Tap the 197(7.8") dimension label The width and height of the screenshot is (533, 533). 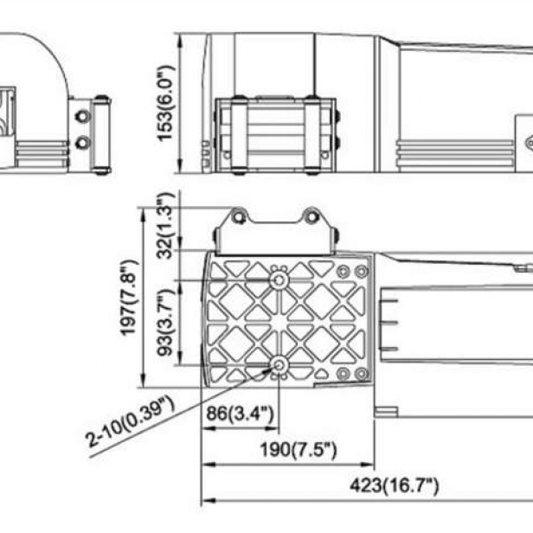(x=129, y=297)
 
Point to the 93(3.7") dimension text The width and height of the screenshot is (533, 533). (x=166, y=321)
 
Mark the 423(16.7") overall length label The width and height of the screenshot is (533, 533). (x=395, y=485)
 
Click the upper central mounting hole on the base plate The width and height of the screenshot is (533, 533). (x=279, y=281)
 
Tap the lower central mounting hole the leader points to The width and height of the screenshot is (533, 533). (x=279, y=366)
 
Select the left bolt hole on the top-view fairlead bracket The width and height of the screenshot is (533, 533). (x=239, y=216)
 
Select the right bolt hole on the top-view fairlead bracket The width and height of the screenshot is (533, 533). (x=311, y=216)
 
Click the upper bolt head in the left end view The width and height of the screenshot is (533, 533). (x=82, y=115)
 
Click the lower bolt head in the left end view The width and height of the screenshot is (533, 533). (x=82, y=142)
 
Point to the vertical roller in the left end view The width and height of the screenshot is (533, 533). (x=102, y=135)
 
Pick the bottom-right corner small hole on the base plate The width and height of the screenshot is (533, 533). (x=343, y=374)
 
